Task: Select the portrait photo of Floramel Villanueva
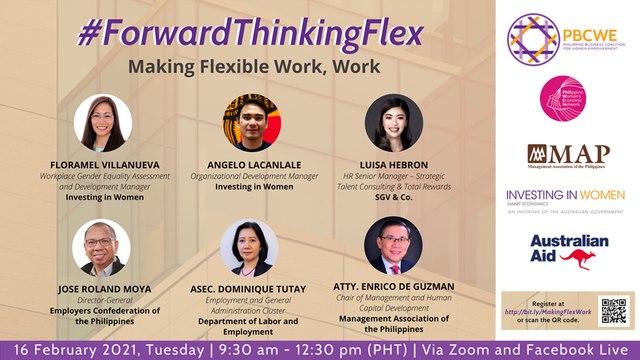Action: pyautogui.click(x=103, y=123)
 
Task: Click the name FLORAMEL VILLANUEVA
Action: pyautogui.click(x=105, y=162)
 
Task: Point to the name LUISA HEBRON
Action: pyautogui.click(x=395, y=162)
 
